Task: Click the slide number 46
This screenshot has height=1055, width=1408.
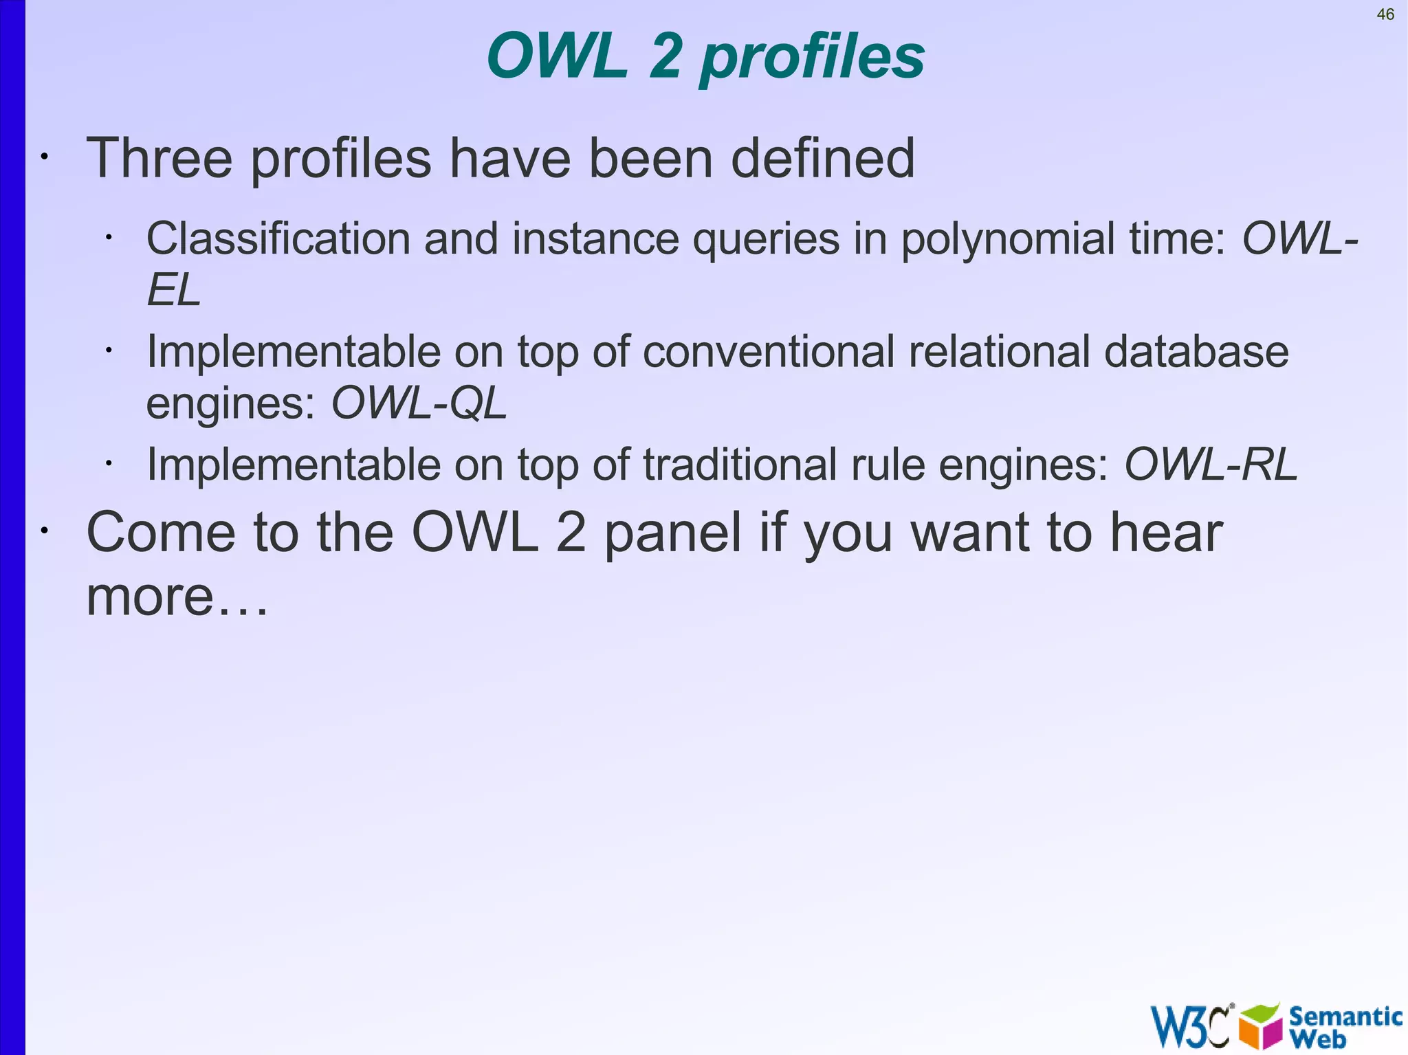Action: coord(1385,14)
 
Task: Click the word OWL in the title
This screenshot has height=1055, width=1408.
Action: coord(557,56)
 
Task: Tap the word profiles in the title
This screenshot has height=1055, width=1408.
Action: coord(812,59)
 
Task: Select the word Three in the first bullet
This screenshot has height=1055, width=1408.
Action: coord(159,158)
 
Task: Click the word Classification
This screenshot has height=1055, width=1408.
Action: coord(278,238)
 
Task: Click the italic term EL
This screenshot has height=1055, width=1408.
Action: coord(173,290)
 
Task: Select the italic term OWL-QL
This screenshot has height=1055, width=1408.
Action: coord(419,403)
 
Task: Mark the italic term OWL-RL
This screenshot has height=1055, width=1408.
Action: coord(1210,465)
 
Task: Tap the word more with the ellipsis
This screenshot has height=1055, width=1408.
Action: coord(177,597)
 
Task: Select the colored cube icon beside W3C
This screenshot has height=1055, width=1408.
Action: coord(1260,1026)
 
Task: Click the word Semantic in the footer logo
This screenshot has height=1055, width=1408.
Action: coord(1345,1016)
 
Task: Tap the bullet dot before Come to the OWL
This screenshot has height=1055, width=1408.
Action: coord(43,531)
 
